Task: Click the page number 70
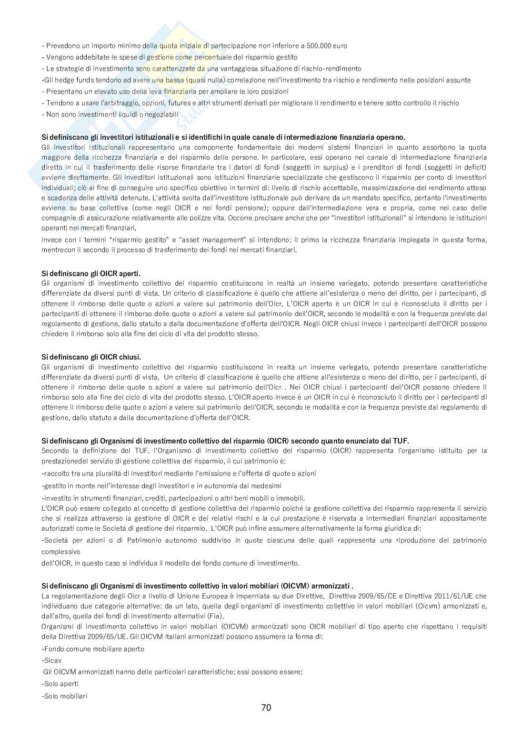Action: tap(266, 707)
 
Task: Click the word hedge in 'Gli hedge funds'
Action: tap(63, 80)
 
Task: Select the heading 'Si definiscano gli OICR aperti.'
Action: tap(91, 274)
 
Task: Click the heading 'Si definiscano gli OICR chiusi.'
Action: tap(91, 357)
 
